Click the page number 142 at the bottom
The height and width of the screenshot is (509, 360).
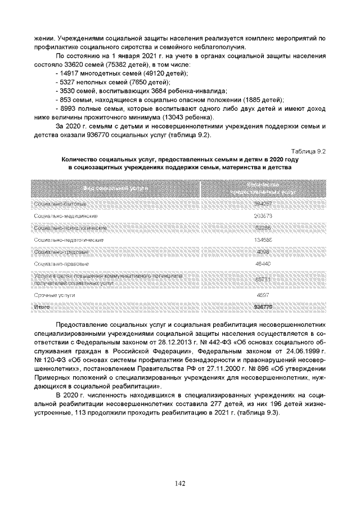point(180,483)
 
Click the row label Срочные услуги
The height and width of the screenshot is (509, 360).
point(55,295)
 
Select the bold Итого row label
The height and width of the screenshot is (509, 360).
point(42,307)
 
